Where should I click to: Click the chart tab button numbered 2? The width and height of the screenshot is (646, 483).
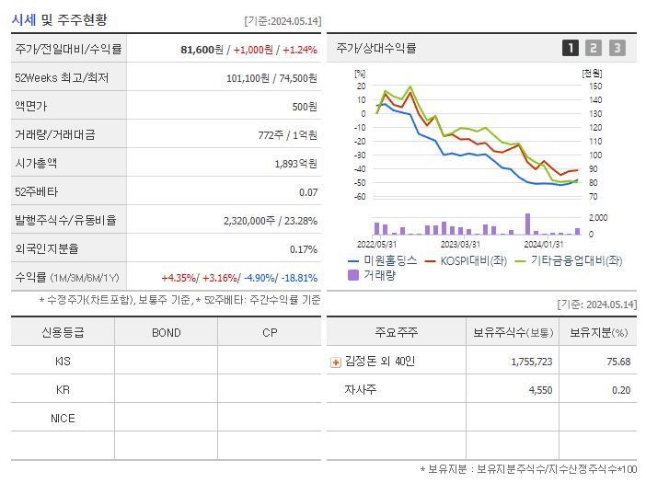point(594,48)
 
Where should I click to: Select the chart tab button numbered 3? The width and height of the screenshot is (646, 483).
point(617,48)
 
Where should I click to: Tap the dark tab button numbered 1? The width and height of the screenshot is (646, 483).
point(571,48)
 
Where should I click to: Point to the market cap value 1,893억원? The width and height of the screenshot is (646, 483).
point(295,163)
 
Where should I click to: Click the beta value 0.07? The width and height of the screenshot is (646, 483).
point(308,191)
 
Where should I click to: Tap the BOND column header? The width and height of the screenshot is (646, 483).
point(166,332)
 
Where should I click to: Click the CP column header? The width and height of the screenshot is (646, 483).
point(270,332)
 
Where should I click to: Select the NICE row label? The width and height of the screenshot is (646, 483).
point(63,418)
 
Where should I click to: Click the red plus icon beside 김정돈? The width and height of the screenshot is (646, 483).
point(336,362)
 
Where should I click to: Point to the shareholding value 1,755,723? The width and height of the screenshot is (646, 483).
point(531,362)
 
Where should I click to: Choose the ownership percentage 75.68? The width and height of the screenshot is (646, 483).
point(618,362)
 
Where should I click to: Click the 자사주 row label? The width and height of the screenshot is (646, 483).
point(360,389)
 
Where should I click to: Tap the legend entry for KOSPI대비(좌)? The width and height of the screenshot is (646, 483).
point(467,260)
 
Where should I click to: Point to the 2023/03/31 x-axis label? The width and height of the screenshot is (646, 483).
point(460,244)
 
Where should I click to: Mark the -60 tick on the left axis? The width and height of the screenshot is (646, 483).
point(359,196)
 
